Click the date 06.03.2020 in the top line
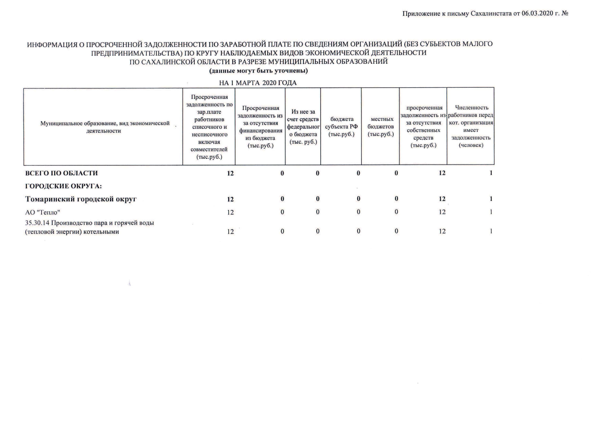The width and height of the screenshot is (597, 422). point(537,13)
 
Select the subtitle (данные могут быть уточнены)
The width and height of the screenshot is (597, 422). point(259,71)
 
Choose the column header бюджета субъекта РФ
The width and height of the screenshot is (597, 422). point(341,127)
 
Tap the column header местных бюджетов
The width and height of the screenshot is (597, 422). point(380,127)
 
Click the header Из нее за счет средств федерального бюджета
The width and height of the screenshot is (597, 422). point(303,127)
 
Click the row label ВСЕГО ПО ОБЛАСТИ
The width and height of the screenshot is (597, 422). point(61,173)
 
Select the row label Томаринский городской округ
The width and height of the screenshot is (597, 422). point(81,199)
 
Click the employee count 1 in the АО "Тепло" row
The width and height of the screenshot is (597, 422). point(491,212)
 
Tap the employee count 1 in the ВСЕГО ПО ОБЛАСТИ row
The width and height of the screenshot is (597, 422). point(491,173)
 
